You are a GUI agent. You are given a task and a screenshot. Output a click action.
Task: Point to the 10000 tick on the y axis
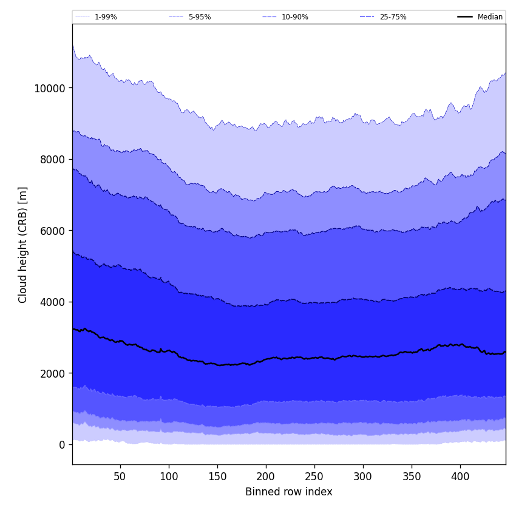pyautogui.click(x=49, y=88)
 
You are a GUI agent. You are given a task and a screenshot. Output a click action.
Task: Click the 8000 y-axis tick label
pyautogui.click(x=52, y=159)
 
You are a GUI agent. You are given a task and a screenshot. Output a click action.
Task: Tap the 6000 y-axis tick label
pyautogui.click(x=52, y=231)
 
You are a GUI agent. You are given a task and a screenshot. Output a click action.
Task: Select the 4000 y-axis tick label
pyautogui.click(x=52, y=302)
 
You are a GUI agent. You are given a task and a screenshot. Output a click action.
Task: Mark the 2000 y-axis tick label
pyautogui.click(x=52, y=373)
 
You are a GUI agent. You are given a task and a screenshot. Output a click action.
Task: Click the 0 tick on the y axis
pyautogui.click(x=61, y=444)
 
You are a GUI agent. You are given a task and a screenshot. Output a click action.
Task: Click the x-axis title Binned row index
pyautogui.click(x=288, y=492)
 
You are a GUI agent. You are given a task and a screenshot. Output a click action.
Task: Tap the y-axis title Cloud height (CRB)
pyautogui.click(x=23, y=245)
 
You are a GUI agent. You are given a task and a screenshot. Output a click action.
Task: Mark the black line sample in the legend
pyautogui.click(x=466, y=17)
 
